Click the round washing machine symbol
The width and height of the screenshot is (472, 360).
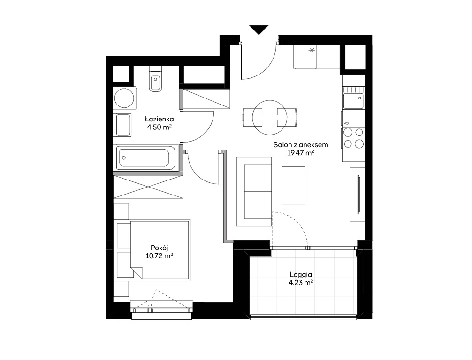(x=124, y=98)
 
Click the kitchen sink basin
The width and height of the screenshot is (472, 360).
(x=353, y=101)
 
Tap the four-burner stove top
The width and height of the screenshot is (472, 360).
(x=353, y=138)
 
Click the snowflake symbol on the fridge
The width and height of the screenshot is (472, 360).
(x=311, y=51)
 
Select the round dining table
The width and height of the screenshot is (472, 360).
(x=270, y=117)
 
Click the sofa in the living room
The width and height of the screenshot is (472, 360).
(x=254, y=191)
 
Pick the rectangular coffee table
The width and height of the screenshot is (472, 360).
(x=294, y=186)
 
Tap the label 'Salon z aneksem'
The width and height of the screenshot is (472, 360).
(x=301, y=145)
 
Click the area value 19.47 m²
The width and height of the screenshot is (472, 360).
(x=301, y=153)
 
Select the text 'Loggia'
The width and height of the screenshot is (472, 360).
(x=301, y=275)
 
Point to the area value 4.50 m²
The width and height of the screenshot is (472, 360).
(x=159, y=127)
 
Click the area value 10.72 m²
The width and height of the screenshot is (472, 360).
(x=159, y=256)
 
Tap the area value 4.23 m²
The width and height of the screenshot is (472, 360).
(x=301, y=283)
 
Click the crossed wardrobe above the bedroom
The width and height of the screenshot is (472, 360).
(x=148, y=187)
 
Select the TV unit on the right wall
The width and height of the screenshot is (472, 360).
(x=358, y=195)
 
